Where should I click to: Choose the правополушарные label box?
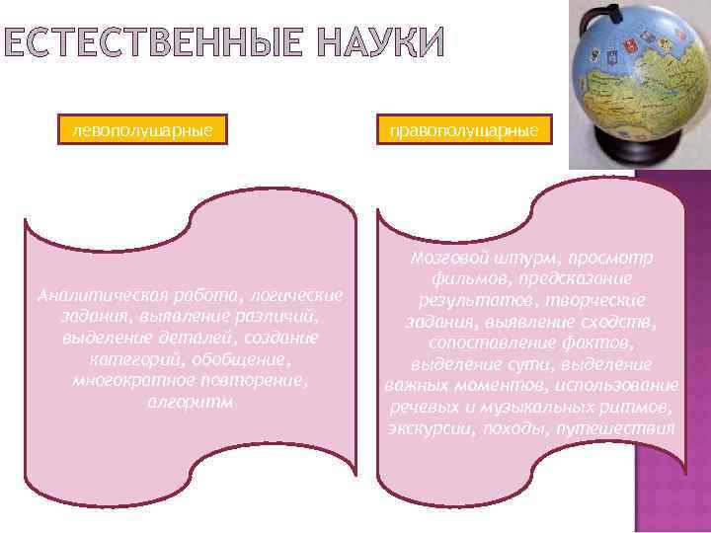[462, 129]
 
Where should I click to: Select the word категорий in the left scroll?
[132, 358]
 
